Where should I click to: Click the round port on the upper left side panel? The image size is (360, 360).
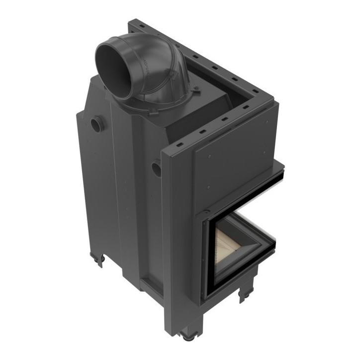[96, 124]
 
